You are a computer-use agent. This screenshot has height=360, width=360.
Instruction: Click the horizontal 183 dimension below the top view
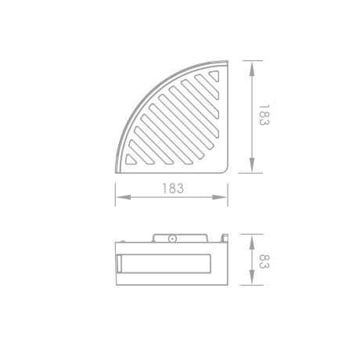click(173, 189)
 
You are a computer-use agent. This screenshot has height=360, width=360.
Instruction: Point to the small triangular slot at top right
click(214, 75)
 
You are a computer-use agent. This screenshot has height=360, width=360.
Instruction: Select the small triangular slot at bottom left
click(131, 162)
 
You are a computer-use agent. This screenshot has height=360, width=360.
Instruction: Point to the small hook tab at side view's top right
click(224, 235)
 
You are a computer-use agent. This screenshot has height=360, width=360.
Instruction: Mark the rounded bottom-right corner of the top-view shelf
click(222, 170)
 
